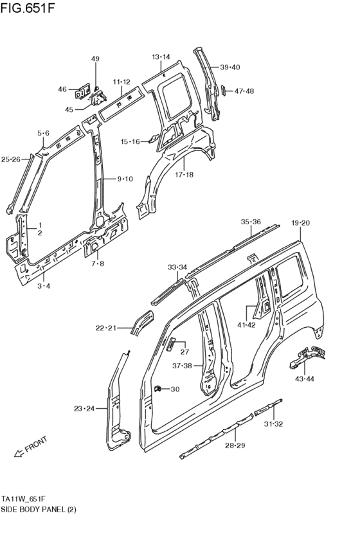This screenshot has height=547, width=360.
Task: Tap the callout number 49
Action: click(95, 59)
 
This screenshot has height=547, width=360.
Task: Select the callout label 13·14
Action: click(161, 57)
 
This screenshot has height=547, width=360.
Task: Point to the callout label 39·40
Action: click(230, 67)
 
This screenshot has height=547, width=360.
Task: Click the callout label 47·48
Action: click(244, 91)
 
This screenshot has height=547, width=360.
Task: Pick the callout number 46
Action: click(62, 89)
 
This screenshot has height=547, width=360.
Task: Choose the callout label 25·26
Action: click(11, 159)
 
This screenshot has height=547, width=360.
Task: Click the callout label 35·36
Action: click(251, 222)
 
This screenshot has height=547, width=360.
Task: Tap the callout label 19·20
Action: click(300, 222)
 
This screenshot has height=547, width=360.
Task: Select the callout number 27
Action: click(184, 351)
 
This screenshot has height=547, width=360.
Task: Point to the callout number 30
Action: click(175, 389)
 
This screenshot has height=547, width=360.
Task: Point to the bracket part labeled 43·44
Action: click(307, 356)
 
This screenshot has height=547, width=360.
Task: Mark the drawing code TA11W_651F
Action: click(27, 499)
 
